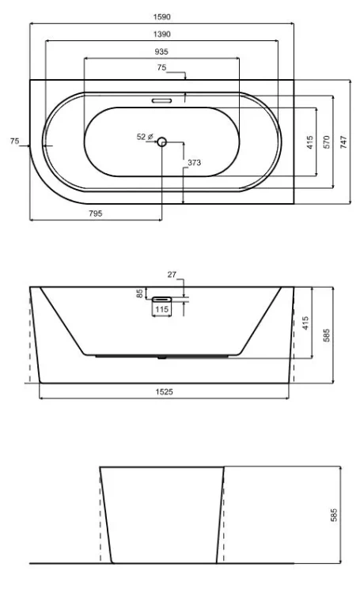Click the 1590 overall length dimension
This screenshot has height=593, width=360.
(161, 17)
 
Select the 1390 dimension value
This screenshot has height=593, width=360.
(161, 35)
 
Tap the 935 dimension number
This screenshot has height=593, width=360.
(161, 52)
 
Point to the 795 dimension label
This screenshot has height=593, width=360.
(96, 213)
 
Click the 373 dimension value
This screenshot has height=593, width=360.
(194, 163)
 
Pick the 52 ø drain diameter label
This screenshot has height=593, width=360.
(145, 137)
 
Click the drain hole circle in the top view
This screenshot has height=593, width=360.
(161, 142)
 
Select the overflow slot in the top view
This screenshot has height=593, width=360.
(161, 100)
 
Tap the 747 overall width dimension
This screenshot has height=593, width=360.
(343, 142)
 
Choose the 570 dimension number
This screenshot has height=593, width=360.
(327, 142)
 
